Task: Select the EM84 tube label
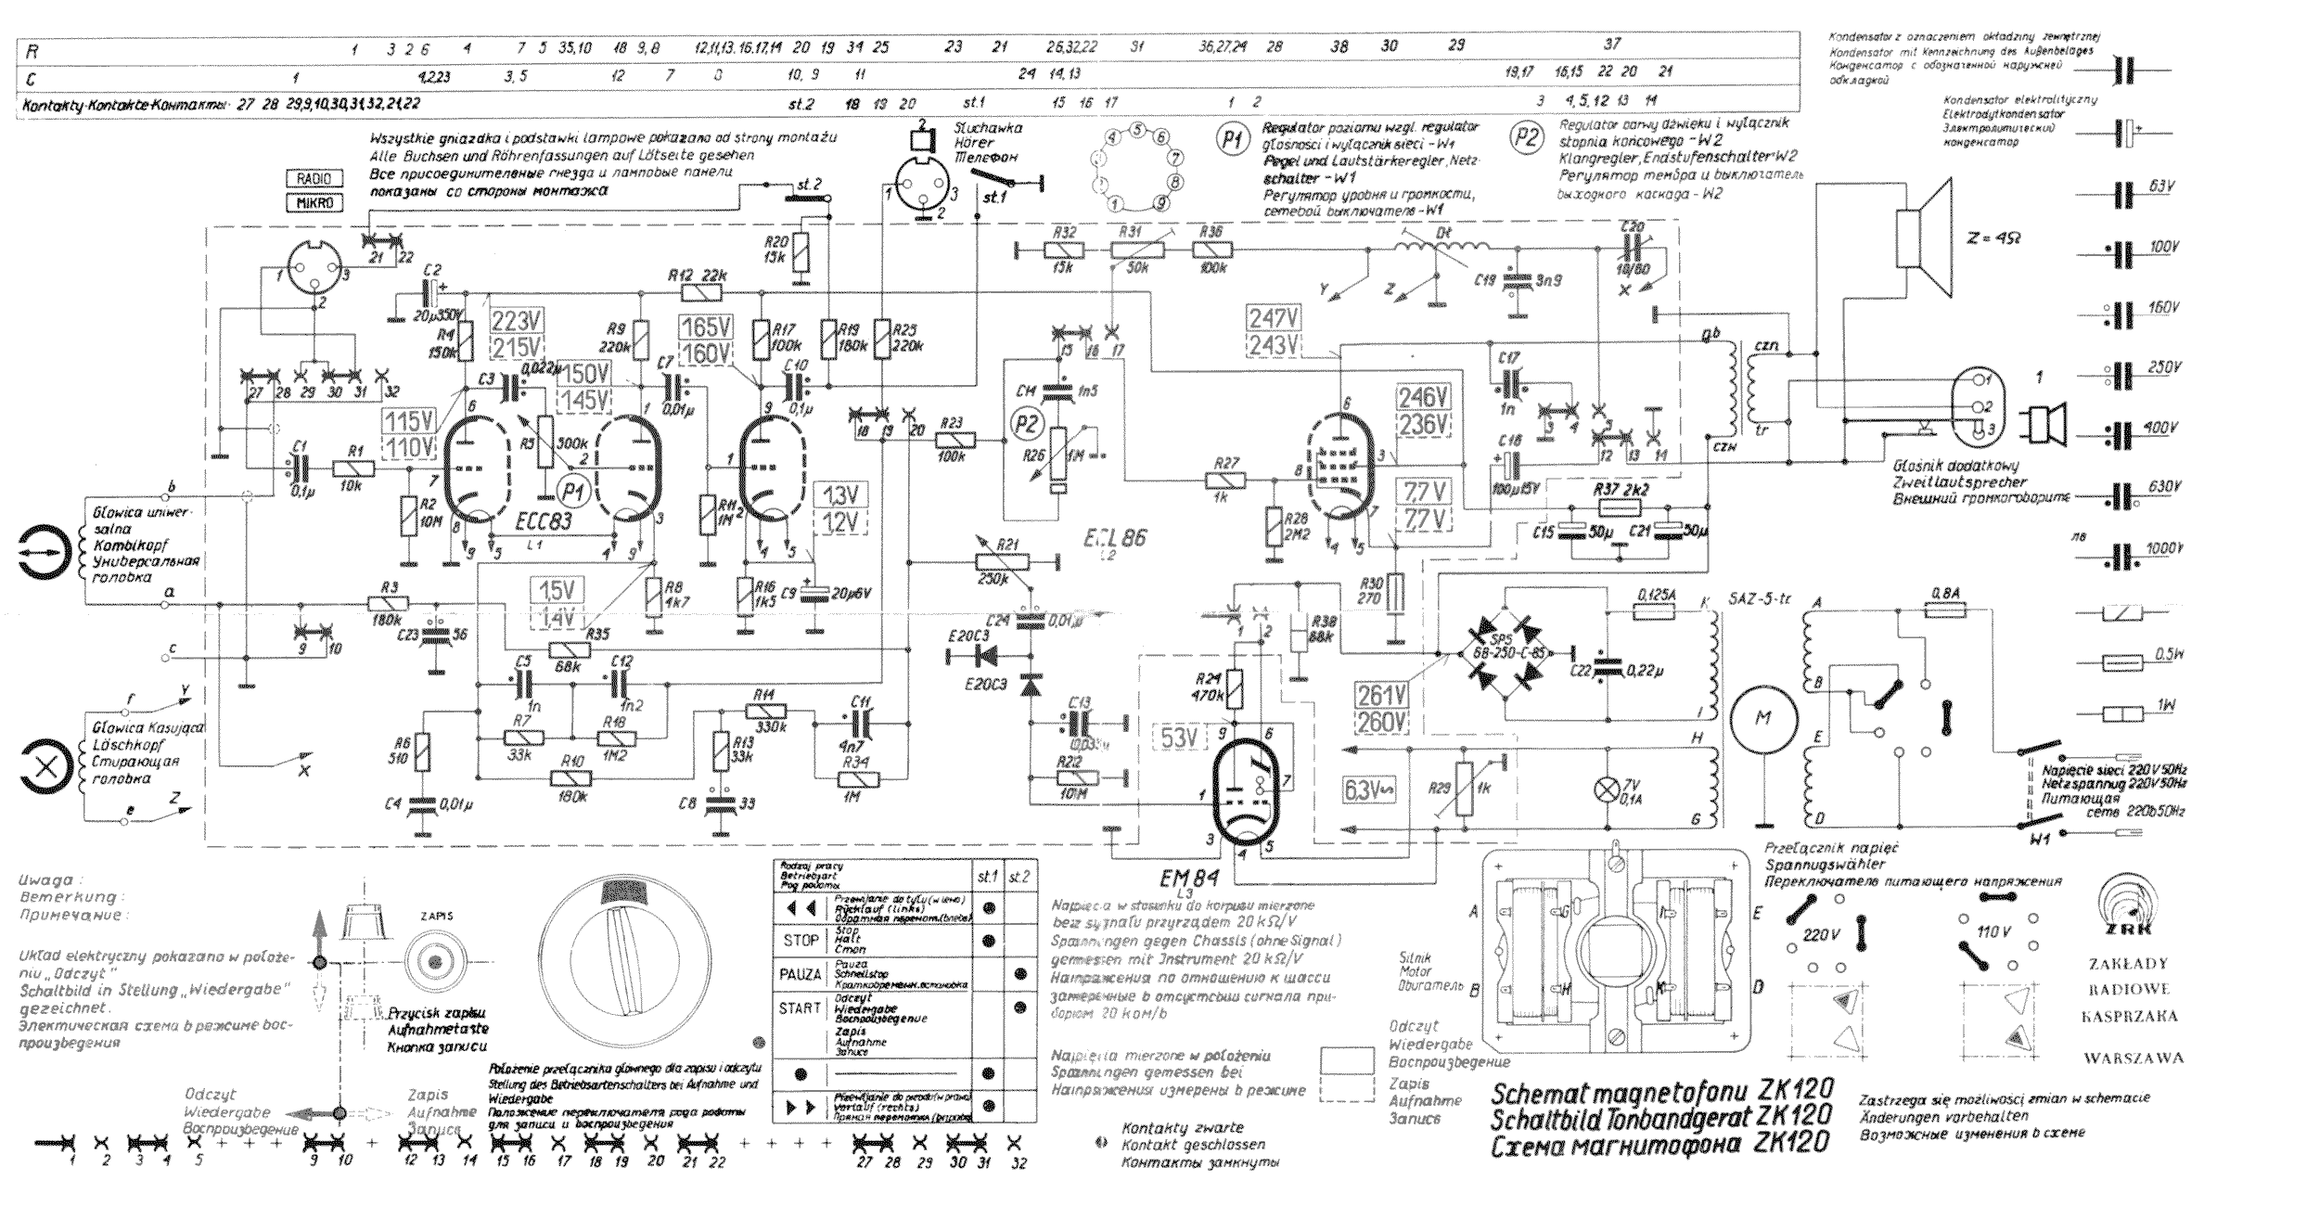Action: pyautogui.click(x=1188, y=878)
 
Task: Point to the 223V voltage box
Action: pyautogui.click(x=516, y=322)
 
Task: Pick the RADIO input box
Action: pyautogui.click(x=314, y=178)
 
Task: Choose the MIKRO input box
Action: pyautogui.click(x=314, y=202)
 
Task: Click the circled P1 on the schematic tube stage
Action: pyautogui.click(x=573, y=493)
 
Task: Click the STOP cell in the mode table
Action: pyautogui.click(x=800, y=940)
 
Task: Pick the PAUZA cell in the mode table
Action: pyautogui.click(x=800, y=974)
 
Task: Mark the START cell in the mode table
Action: pyautogui.click(x=800, y=1007)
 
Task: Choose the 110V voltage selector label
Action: pyautogui.click(x=1992, y=930)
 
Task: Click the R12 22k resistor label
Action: pyautogui.click(x=696, y=276)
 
